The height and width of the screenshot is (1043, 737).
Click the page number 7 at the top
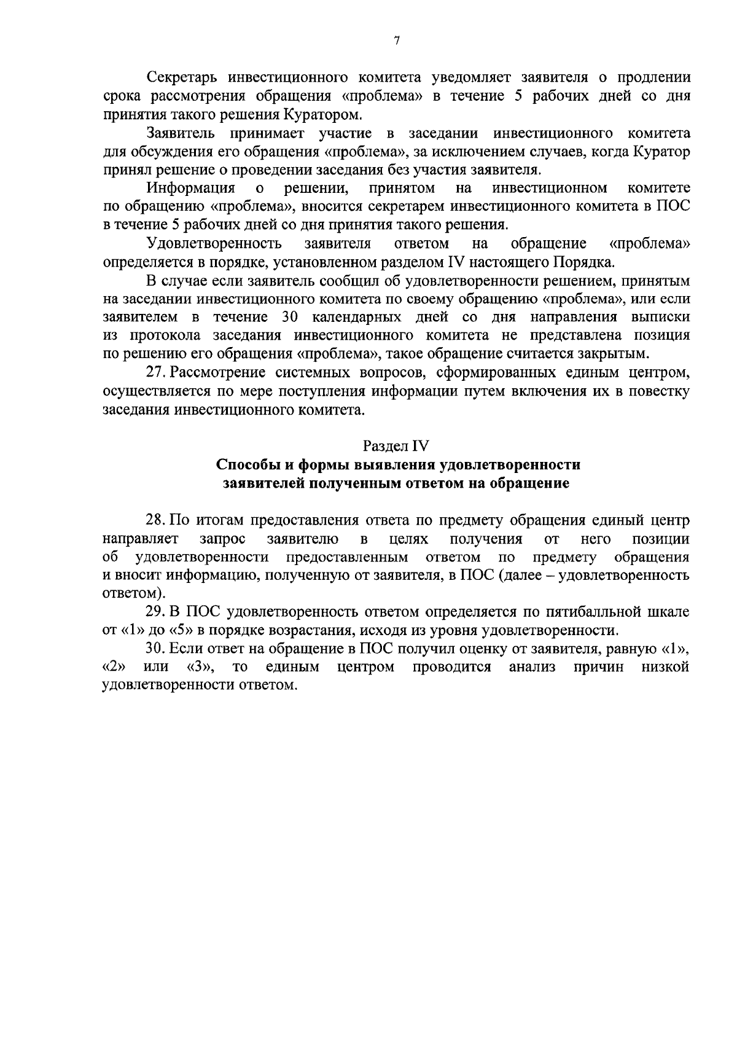click(396, 41)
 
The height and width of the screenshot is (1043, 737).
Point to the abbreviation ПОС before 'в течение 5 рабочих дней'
click(674, 206)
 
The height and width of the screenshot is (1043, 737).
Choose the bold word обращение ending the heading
click(529, 483)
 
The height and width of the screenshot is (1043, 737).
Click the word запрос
click(222, 539)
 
